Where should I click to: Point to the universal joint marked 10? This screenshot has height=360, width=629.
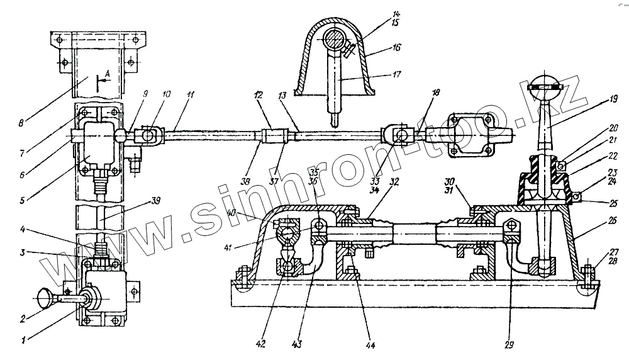tap(147, 133)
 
